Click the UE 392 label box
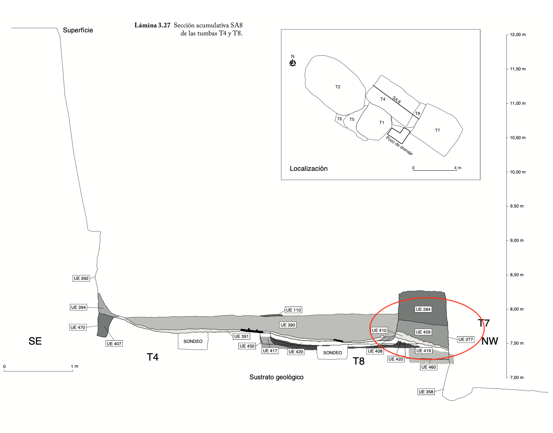click(81, 278)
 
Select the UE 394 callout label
click(78, 307)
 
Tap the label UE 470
click(78, 327)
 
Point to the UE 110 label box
click(293, 310)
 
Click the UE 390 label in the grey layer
click(288, 325)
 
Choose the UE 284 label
click(423, 309)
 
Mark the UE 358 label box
click(426, 392)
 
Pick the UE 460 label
click(428, 367)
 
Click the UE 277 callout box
click(466, 339)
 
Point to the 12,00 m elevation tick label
click(518, 35)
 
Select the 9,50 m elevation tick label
click(517, 206)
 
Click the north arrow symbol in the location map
click(293, 62)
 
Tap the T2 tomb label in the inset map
click(338, 87)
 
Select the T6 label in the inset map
click(339, 119)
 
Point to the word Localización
click(308, 168)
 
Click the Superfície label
click(78, 30)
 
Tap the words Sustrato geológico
click(276, 377)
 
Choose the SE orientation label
click(35, 341)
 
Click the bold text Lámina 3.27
click(152, 25)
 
